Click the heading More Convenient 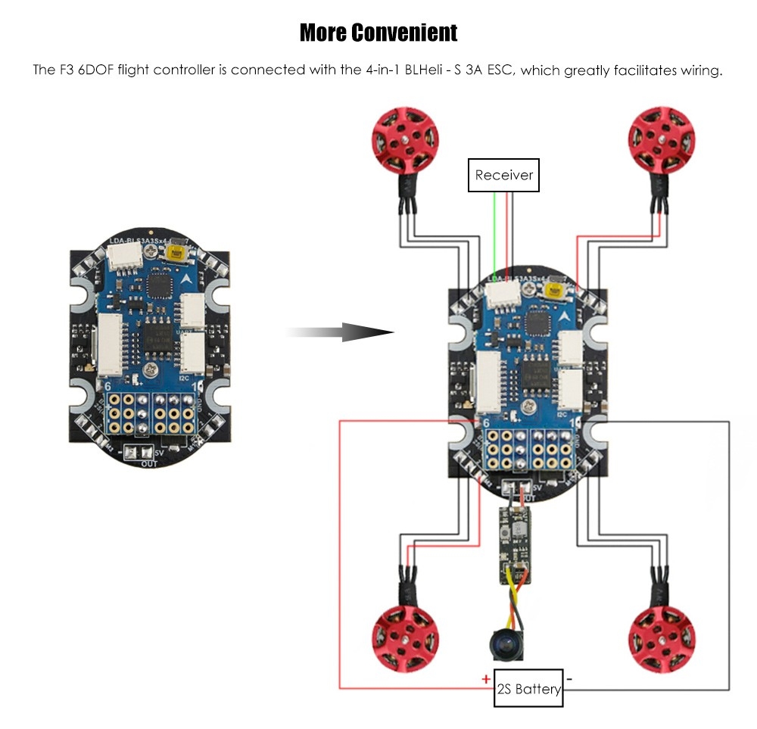tap(378, 33)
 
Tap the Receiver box tap(503, 175)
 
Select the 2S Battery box tap(528, 688)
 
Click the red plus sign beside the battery tap(485, 679)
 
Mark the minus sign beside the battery tap(569, 679)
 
